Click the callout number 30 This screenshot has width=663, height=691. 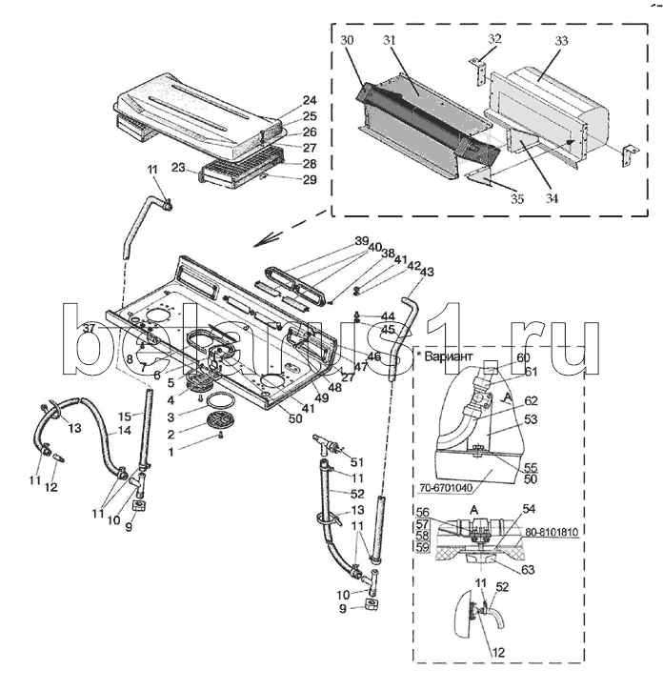click(x=346, y=40)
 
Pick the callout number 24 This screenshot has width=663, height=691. click(x=283, y=100)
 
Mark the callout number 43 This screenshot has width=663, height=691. click(x=426, y=273)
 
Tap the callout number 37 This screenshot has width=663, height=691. click(x=89, y=328)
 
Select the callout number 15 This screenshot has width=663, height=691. click(x=123, y=416)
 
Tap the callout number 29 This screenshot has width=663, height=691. click(x=283, y=179)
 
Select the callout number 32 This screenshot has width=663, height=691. click(x=494, y=38)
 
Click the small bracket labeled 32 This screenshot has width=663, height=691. click(x=479, y=74)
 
